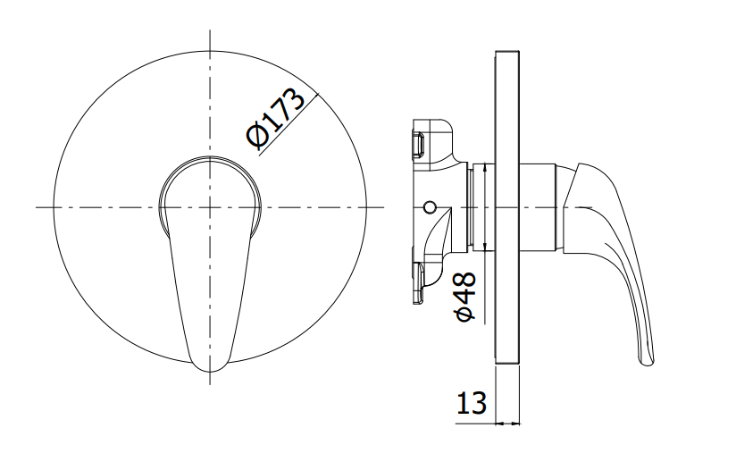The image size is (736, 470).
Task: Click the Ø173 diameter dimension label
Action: (275, 117)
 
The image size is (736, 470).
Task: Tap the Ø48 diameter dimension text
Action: (465, 297)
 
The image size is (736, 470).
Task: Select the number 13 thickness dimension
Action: (472, 403)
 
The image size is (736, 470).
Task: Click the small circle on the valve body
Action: (429, 206)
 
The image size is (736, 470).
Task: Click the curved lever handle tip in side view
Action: (647, 361)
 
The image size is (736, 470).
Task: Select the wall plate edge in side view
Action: (507, 207)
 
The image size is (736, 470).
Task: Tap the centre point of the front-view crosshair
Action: (210, 207)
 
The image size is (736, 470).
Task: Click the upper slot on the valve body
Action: (418, 144)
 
